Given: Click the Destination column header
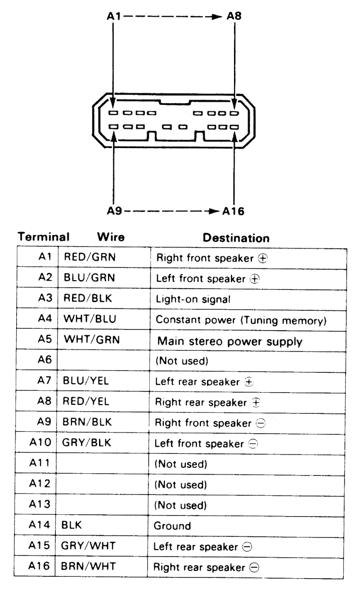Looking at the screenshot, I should point(236,237).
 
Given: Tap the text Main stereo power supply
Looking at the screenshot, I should point(229,324).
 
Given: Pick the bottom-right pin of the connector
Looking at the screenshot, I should point(234,127).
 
